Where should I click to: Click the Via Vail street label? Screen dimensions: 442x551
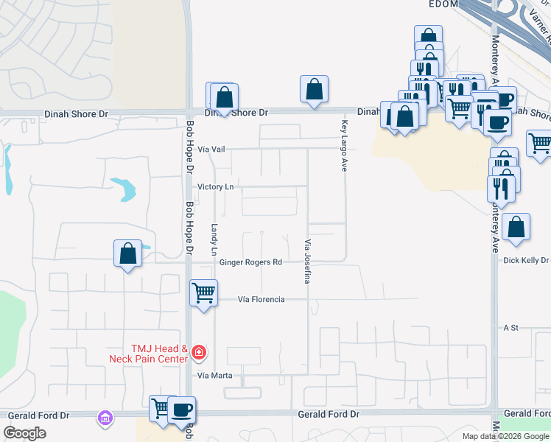click(x=213, y=149)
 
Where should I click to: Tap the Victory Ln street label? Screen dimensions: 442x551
click(x=215, y=187)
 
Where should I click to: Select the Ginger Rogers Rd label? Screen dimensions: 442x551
click(x=250, y=262)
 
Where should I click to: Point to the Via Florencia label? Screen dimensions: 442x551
click(x=261, y=300)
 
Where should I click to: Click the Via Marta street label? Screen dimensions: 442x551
click(x=215, y=376)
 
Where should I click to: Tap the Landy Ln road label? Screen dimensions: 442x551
click(x=215, y=240)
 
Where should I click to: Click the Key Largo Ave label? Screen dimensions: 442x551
click(x=344, y=146)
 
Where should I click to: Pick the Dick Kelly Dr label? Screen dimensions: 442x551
click(x=526, y=261)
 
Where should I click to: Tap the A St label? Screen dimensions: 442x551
click(x=511, y=326)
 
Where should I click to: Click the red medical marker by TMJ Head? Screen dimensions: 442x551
click(x=197, y=354)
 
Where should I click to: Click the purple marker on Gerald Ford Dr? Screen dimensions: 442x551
click(x=105, y=418)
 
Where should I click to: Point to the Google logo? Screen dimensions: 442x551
click(x=24, y=433)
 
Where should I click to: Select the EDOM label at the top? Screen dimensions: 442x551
click(x=443, y=4)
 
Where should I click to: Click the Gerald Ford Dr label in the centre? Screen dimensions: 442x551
click(x=329, y=415)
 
